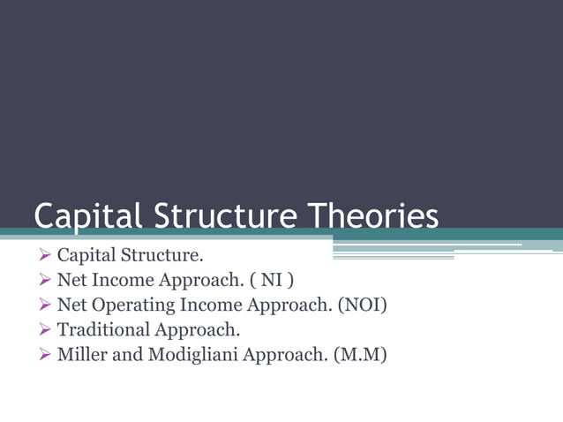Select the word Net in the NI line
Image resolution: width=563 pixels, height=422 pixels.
[x=71, y=282]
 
